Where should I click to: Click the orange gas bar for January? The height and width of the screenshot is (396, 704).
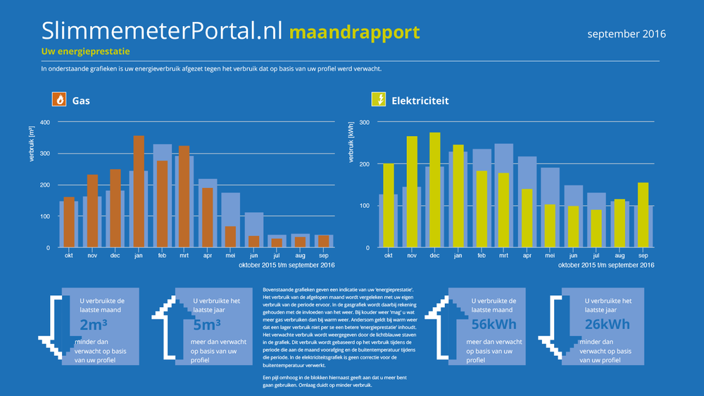pos(139,191)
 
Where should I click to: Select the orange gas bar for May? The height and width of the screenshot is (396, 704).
pos(231,237)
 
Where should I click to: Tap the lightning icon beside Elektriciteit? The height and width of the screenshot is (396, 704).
pos(379,100)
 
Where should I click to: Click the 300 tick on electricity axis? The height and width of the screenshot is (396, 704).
pos(364,123)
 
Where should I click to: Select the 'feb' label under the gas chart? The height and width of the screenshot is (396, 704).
pos(162,256)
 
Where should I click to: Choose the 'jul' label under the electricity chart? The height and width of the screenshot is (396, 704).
pos(596,256)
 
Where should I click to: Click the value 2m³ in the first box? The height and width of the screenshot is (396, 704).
pos(93,325)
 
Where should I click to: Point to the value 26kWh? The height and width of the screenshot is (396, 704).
pos(608,324)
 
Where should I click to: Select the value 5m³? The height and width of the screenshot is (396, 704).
pos(207,325)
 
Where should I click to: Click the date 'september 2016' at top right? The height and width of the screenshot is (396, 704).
pos(626,34)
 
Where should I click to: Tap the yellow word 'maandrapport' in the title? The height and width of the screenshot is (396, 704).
pos(354,32)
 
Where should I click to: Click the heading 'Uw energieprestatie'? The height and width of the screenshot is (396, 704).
pos(85,51)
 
